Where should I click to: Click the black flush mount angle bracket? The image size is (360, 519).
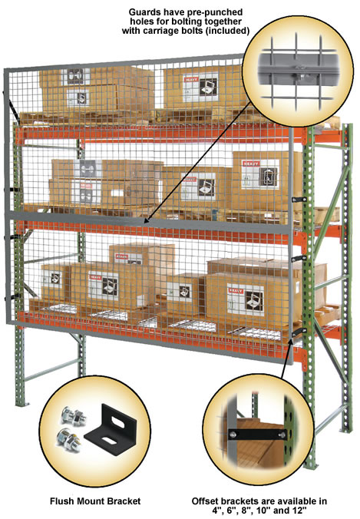[111, 430]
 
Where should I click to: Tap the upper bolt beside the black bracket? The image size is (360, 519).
[73, 417]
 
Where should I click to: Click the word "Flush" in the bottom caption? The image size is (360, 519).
[60, 501]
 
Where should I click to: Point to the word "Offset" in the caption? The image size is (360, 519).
[205, 501]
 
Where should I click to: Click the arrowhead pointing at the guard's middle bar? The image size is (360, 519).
[147, 219]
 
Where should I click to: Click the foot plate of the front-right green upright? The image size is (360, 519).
[311, 465]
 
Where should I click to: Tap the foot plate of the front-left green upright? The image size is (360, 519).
[21, 404]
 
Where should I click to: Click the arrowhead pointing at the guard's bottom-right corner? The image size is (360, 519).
[291, 342]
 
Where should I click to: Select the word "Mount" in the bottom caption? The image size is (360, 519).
[88, 501]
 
